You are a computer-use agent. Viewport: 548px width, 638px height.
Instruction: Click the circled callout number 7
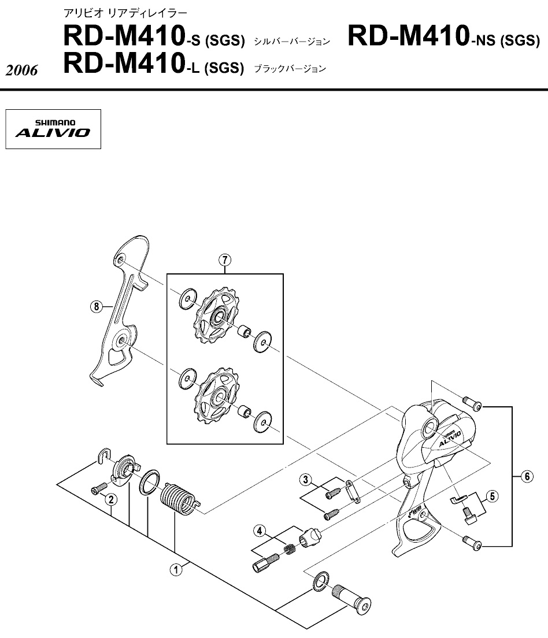tap(225, 261)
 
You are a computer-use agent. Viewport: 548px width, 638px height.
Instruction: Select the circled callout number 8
tap(97, 307)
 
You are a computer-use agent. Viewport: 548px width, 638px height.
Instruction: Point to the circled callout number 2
tap(110, 499)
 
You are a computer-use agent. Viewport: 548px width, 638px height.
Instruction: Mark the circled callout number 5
tap(491, 495)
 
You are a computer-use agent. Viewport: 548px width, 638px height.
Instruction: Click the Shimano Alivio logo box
tap(53, 129)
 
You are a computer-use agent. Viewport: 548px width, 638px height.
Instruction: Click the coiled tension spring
tap(177, 497)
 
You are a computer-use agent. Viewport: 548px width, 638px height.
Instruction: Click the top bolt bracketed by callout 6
tap(472, 402)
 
